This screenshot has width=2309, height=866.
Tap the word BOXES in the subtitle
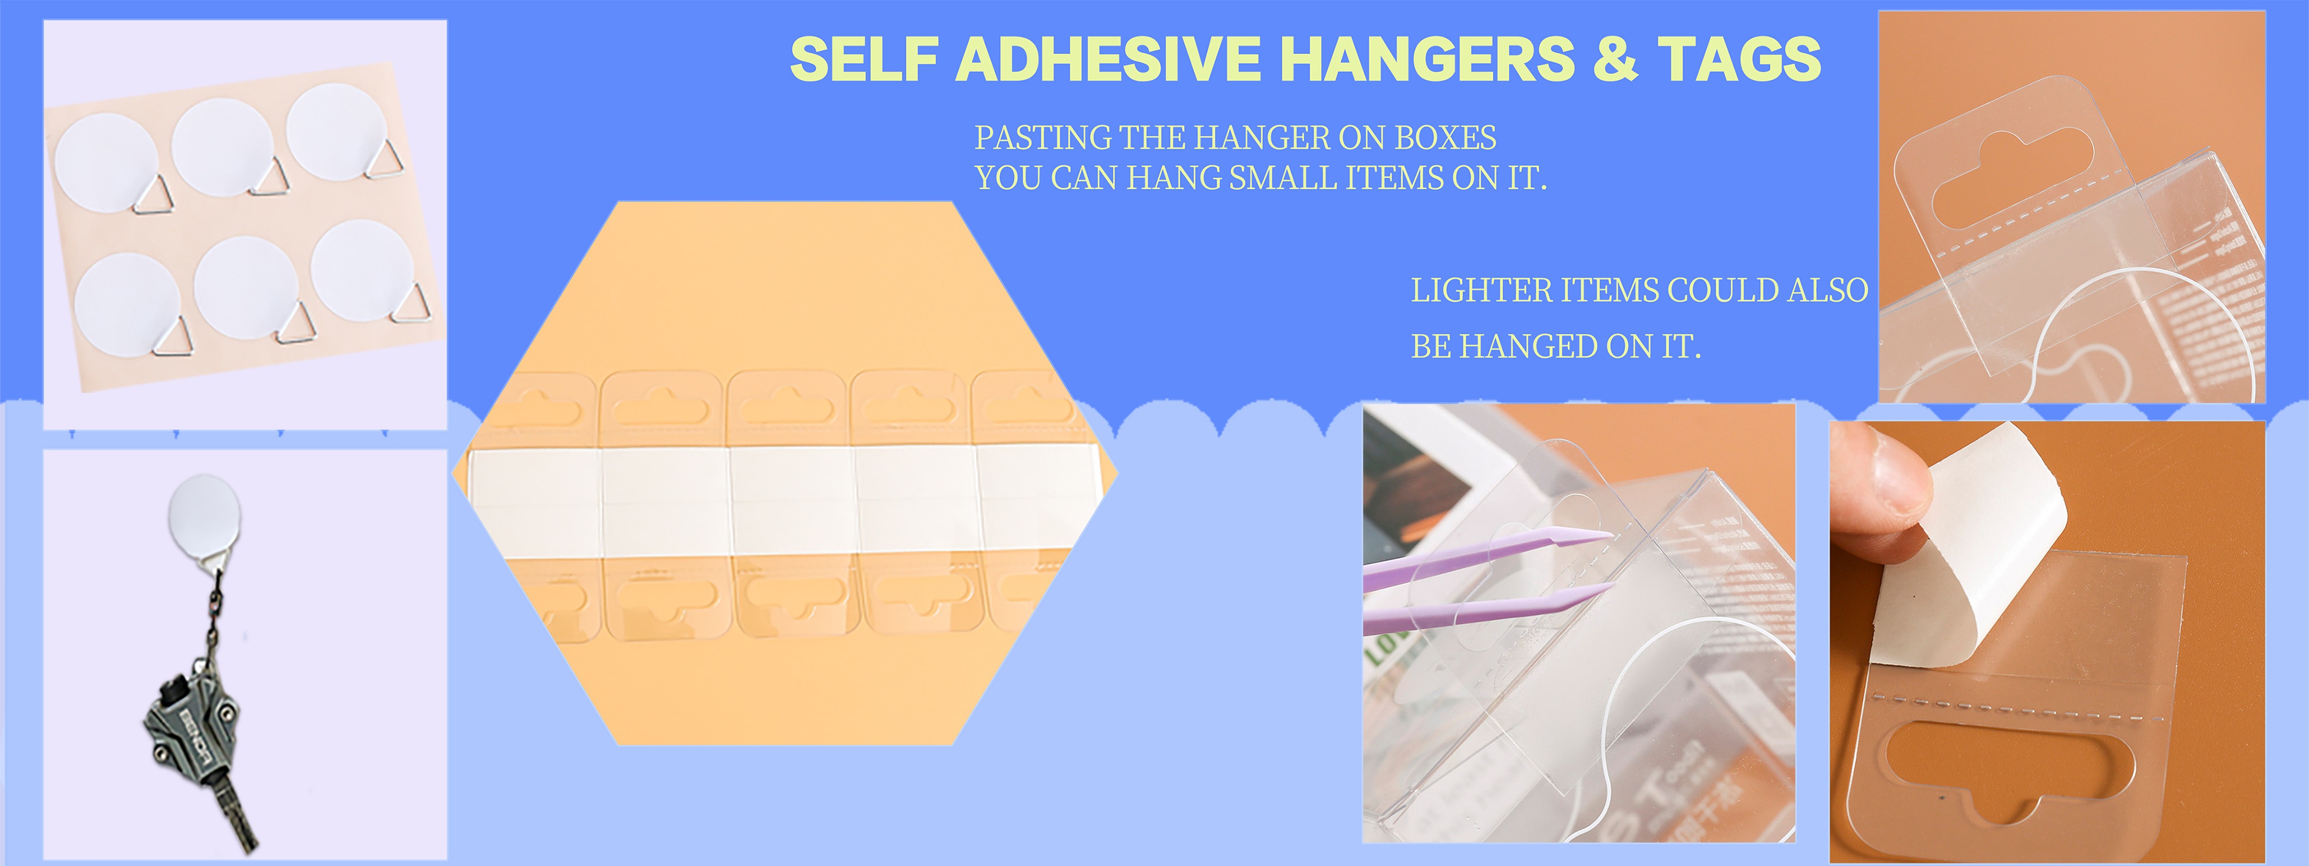click(x=1445, y=138)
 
